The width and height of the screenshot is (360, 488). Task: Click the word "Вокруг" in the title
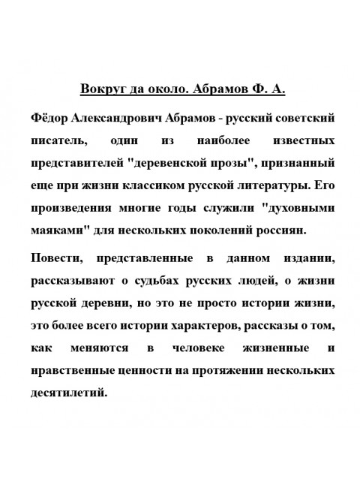pos(103,90)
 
